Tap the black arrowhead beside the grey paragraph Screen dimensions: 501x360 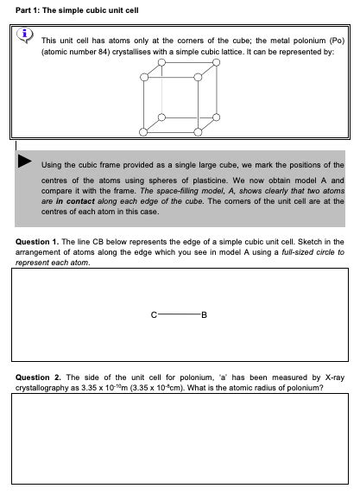pyautogui.click(x=26, y=162)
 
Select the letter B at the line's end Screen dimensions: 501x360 pyautogui.click(x=204, y=314)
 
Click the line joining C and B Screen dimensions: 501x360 pyautogui.click(x=179, y=314)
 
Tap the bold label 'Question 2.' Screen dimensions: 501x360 pyautogui.click(x=37, y=377)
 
